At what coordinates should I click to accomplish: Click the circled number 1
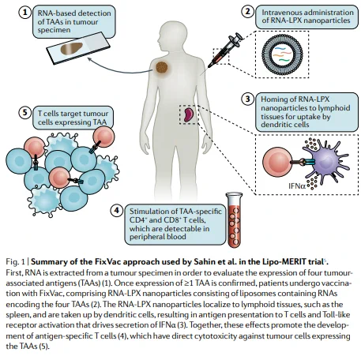tap(25, 12)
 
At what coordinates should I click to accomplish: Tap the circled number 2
tap(248, 12)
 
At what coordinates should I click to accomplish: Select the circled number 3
tap(248, 99)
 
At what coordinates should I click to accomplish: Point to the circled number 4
tap(117, 211)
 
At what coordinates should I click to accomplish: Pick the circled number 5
tap(24, 112)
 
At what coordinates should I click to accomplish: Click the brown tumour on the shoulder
tap(162, 68)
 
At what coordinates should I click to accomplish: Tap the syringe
tap(224, 50)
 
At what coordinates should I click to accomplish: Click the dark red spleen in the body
tap(188, 114)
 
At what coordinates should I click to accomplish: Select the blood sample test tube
tap(234, 220)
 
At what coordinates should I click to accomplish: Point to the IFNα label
tap(297, 186)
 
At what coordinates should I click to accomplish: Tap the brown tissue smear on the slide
tap(72, 49)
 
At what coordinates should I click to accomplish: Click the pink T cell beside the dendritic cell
tap(277, 162)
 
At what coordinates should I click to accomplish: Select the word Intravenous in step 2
tap(281, 13)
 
